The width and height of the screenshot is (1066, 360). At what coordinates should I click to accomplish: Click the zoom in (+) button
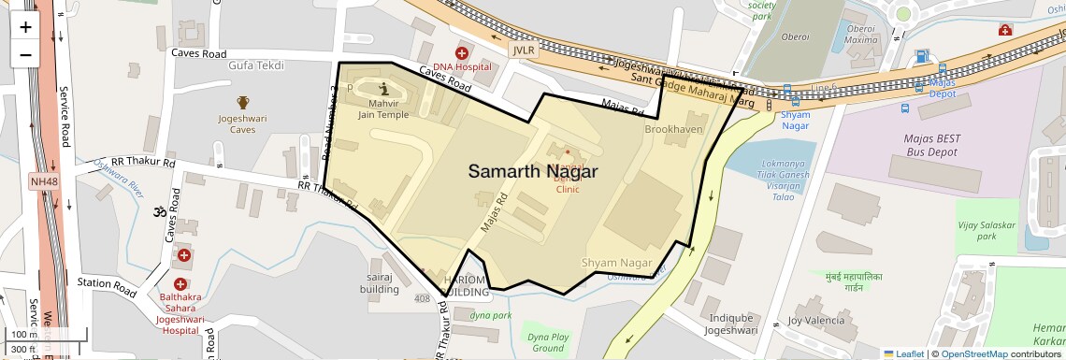(x=25, y=26)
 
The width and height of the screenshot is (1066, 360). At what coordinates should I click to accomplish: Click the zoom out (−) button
(x=25, y=54)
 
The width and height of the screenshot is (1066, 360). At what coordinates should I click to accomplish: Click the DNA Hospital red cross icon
(x=461, y=53)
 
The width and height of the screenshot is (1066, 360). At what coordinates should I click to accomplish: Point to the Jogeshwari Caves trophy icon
(x=243, y=103)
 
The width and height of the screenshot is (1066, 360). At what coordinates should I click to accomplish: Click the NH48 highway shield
(x=42, y=180)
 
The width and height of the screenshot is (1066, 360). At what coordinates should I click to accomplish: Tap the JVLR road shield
(x=524, y=50)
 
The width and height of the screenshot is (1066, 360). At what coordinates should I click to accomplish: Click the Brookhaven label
(x=673, y=129)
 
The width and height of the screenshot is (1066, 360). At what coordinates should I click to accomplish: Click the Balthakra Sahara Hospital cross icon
(x=184, y=254)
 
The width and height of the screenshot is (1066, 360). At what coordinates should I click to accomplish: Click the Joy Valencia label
(x=815, y=320)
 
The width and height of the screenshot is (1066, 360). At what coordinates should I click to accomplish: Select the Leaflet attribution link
(x=904, y=353)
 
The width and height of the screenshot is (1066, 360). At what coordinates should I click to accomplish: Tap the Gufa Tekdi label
(x=255, y=65)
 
